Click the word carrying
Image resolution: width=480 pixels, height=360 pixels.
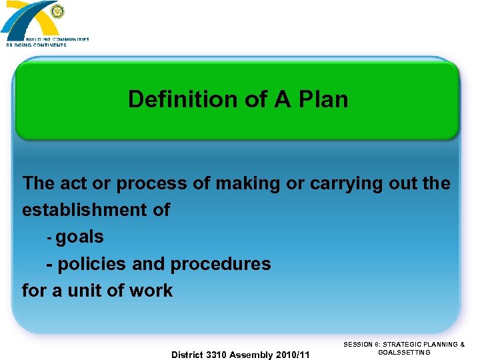click(x=344, y=183)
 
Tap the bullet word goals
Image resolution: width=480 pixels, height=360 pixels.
click(x=80, y=237)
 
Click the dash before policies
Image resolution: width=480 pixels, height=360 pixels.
click(x=49, y=264)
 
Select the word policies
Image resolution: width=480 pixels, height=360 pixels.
click(x=93, y=264)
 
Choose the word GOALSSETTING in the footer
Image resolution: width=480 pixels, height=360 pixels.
click(x=404, y=352)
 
